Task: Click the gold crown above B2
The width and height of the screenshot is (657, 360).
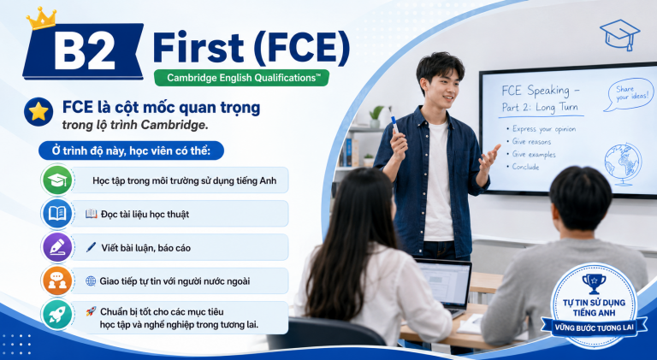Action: [41, 19]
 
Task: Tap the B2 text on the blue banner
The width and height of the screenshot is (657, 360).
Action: [84, 51]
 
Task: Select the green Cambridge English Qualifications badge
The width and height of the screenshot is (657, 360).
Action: [241, 78]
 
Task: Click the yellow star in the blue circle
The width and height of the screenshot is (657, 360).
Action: [38, 112]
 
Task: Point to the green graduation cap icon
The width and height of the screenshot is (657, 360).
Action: [57, 180]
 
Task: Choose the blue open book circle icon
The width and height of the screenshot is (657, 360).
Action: [57, 214]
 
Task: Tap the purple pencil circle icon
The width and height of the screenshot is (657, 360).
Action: [57, 247]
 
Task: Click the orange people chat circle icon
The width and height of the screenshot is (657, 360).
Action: [57, 280]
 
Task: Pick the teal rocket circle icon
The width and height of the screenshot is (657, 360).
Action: [57, 315]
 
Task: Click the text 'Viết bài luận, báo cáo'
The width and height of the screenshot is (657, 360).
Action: [145, 248]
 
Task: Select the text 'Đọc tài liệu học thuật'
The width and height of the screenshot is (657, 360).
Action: [145, 215]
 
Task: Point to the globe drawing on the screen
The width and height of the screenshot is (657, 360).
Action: [623, 164]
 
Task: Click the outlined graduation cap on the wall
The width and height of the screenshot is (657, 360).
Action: [620, 35]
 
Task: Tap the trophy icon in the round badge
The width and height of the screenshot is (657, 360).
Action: [594, 283]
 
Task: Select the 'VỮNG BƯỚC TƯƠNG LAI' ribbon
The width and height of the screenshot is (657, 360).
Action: [595, 327]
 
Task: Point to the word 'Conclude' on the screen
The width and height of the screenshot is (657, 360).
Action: [525, 167]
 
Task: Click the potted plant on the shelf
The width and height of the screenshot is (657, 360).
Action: [376, 117]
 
